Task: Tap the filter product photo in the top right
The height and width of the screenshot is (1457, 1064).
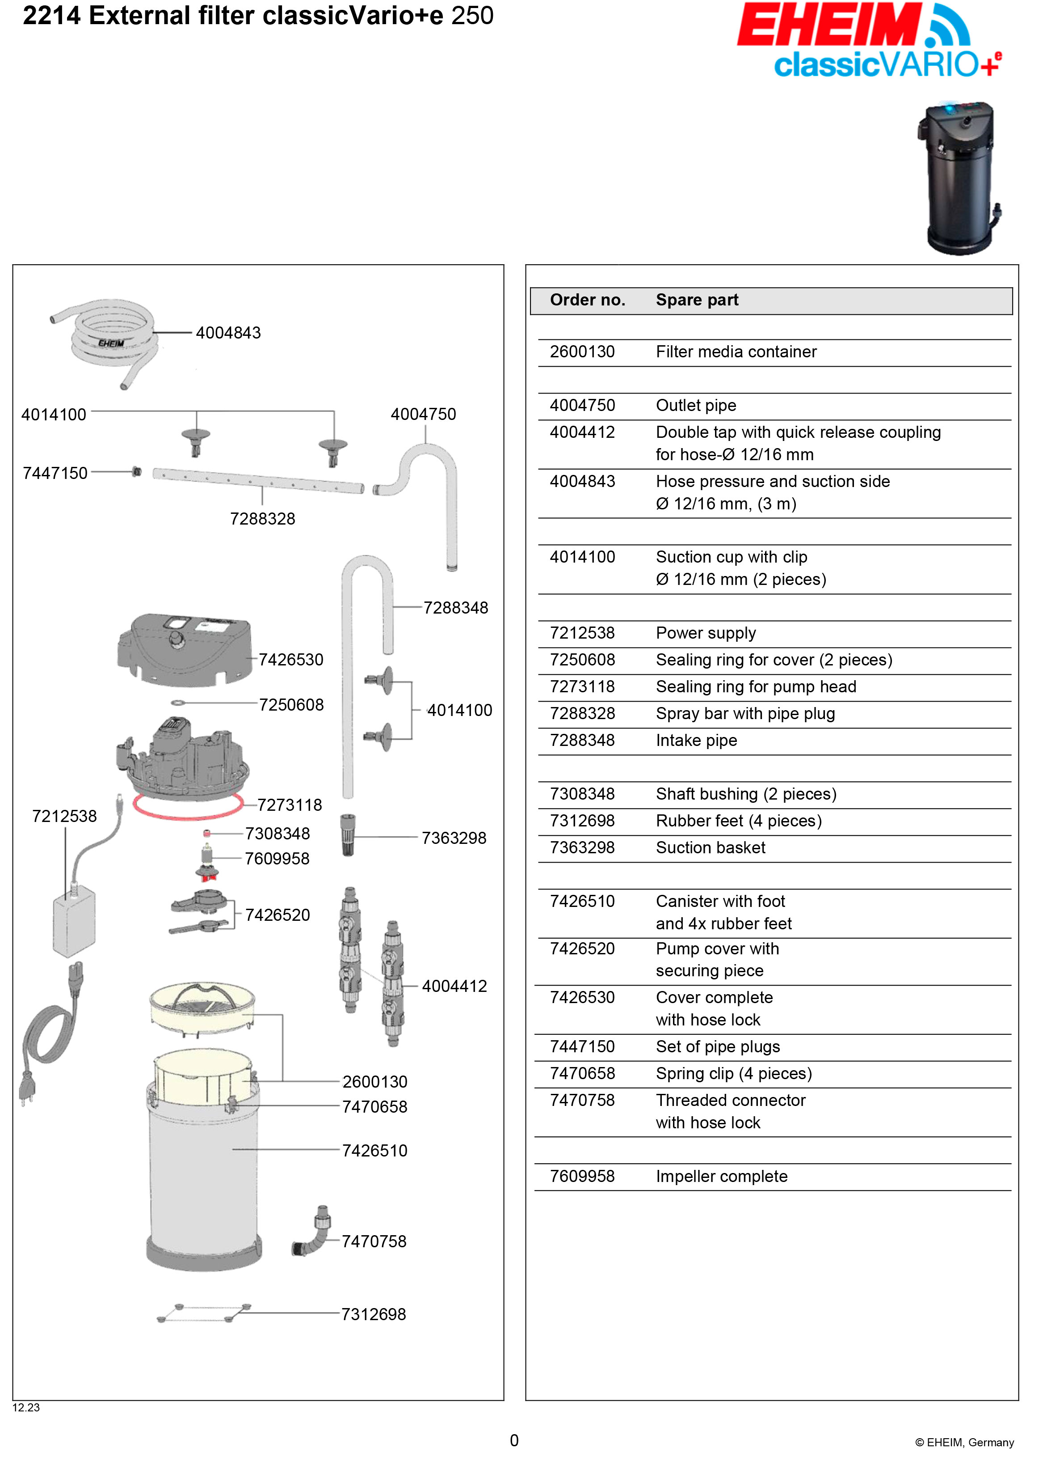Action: [x=960, y=177]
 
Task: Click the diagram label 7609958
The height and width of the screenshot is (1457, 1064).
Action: [x=277, y=859]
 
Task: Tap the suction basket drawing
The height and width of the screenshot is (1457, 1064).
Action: [x=348, y=835]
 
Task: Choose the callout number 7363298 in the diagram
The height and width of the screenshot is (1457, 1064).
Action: [x=454, y=839]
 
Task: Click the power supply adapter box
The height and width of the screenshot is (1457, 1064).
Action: [x=73, y=922]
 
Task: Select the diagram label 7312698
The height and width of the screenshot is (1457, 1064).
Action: [x=374, y=1315]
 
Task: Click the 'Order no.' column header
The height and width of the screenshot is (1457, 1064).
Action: [x=587, y=300]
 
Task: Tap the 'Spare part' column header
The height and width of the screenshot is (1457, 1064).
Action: [x=697, y=300]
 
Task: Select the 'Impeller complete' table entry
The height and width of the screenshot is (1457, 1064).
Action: [x=721, y=1177]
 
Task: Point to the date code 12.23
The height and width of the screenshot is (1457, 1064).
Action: [x=26, y=1407]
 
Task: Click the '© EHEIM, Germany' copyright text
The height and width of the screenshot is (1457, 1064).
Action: [x=964, y=1442]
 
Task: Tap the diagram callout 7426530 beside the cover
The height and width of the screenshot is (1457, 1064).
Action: [x=291, y=660]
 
